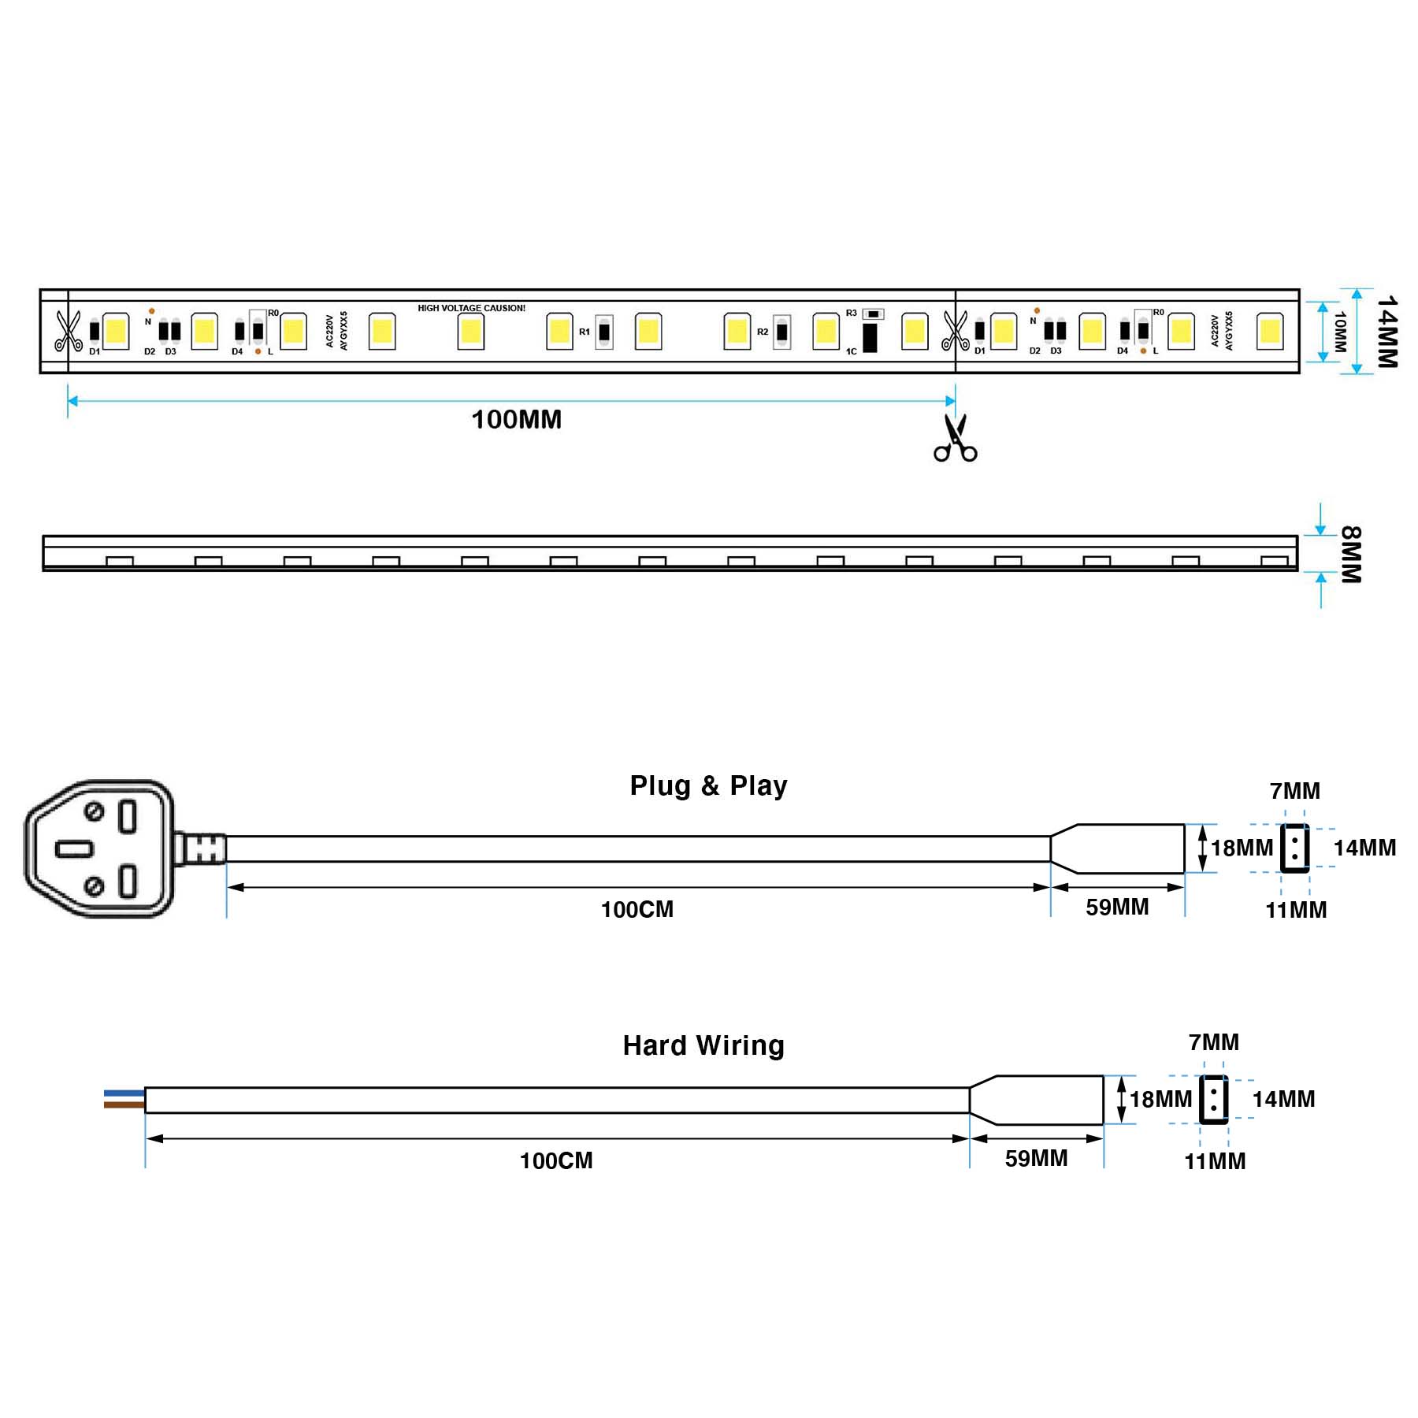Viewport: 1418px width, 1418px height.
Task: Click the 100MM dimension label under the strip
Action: click(x=517, y=419)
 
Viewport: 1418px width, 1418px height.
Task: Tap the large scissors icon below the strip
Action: click(x=955, y=439)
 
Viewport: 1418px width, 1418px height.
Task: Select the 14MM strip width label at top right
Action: click(x=1386, y=332)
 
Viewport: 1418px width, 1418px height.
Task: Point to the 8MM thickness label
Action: click(x=1350, y=555)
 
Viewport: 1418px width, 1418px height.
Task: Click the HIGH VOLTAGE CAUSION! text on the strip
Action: click(x=471, y=308)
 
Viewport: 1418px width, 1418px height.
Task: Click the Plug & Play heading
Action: click(x=708, y=785)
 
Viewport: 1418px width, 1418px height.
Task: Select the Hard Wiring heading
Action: click(x=703, y=1045)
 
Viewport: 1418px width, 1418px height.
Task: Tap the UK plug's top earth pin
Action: click(x=128, y=816)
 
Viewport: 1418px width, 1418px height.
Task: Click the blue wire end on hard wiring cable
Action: click(x=124, y=1093)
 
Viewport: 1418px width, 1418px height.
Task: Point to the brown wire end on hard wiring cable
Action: click(x=124, y=1105)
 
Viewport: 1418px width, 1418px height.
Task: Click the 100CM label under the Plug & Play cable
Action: click(x=637, y=909)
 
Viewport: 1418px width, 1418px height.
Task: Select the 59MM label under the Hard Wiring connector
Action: click(x=1036, y=1158)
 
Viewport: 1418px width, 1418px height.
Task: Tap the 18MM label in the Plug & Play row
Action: click(x=1242, y=848)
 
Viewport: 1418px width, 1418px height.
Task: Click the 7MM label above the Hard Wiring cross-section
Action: click(x=1213, y=1042)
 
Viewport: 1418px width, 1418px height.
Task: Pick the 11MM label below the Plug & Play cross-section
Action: click(x=1296, y=910)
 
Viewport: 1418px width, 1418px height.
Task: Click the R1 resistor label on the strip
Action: click(x=584, y=332)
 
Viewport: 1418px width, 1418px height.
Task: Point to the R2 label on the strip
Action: click(x=762, y=332)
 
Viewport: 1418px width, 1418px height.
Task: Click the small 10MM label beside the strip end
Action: click(x=1340, y=332)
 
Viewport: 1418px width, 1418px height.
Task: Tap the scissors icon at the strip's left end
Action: click(x=69, y=331)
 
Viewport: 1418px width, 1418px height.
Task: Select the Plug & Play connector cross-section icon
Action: click(x=1294, y=848)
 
